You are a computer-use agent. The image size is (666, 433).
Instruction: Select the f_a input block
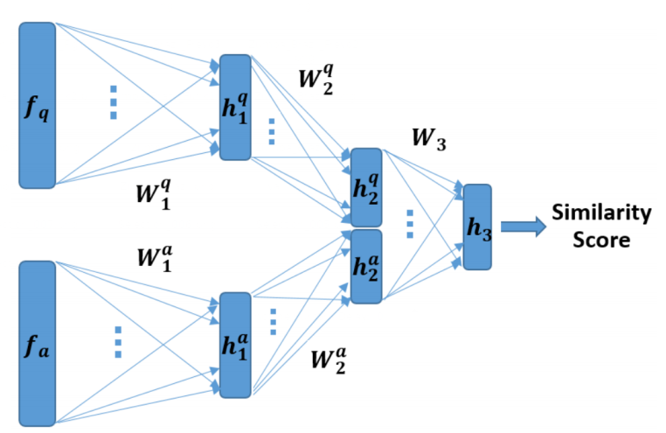point(37,343)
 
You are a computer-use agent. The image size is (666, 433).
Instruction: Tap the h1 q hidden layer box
point(235,108)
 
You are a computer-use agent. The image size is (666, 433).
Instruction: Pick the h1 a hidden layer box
point(235,345)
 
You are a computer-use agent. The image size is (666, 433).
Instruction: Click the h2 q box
point(366,187)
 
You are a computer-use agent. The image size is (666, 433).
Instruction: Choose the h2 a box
point(366,266)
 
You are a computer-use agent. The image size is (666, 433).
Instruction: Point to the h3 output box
point(477,227)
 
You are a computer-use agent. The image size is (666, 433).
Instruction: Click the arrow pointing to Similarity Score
point(522,227)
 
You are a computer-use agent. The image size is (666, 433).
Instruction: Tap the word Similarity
point(601,213)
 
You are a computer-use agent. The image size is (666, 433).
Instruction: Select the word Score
point(602,239)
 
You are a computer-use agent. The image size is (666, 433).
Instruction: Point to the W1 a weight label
point(153,256)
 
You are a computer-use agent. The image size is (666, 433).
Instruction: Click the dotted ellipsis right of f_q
point(114,102)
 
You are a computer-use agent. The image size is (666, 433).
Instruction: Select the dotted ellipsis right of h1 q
point(271,131)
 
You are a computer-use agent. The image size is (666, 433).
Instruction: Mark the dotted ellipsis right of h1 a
point(272,322)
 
